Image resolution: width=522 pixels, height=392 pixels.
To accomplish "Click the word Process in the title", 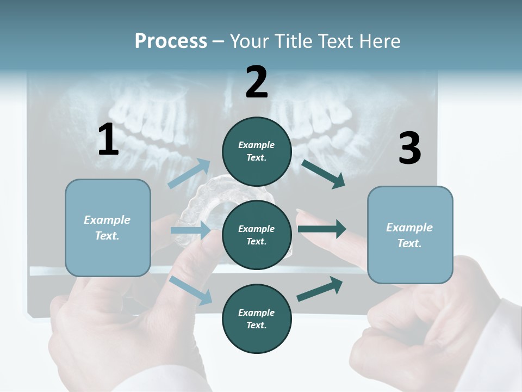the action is tap(171, 41).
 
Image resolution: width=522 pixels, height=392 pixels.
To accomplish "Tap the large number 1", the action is tap(108, 139).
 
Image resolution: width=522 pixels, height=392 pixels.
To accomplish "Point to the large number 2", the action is tap(256, 82).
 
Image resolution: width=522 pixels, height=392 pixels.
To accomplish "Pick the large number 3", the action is tap(410, 148).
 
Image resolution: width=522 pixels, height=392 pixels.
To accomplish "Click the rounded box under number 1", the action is tap(108, 228).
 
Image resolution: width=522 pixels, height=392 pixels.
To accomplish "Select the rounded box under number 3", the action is tap(410, 235).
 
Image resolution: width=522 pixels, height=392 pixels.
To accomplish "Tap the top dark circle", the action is tap(257, 151).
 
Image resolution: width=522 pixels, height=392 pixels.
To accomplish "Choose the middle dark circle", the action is tap(257, 235).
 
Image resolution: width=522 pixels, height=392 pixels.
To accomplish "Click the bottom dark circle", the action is tap(257, 318).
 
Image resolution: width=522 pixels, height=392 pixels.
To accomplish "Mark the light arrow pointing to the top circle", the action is tap(189, 173).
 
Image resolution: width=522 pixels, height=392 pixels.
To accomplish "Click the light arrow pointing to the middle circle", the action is tap(190, 230).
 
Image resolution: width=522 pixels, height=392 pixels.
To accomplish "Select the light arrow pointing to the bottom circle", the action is tap(191, 290).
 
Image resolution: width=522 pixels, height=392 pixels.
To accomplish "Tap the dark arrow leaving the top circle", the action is tap(323, 174).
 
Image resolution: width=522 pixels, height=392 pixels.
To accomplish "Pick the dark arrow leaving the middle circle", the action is tap(322, 229).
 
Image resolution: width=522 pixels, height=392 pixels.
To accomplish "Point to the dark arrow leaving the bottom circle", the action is tap(320, 289).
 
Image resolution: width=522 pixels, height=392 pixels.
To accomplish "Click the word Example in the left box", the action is tap(107, 220).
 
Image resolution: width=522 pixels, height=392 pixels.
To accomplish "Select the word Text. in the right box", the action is tap(409, 243).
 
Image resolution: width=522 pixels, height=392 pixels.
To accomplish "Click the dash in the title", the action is tap(219, 42).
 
